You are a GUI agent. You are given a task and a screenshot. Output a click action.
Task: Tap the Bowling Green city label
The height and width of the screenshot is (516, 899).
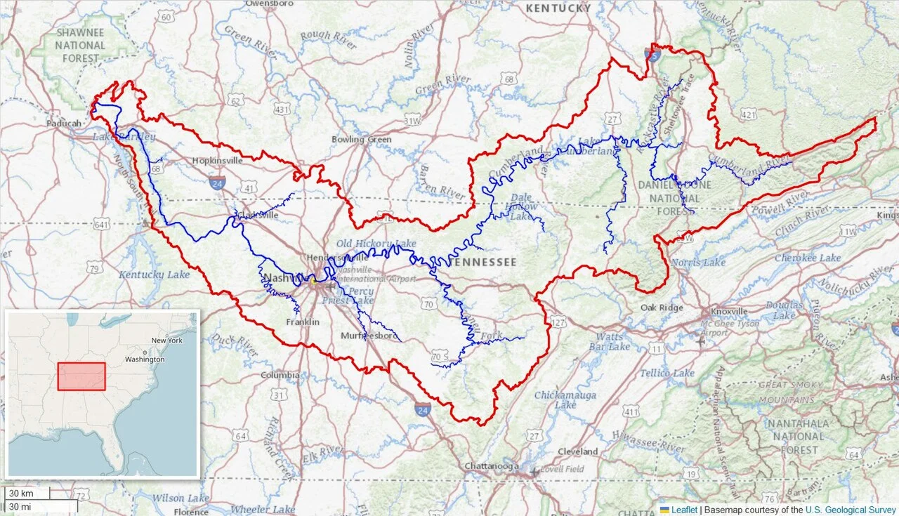pos(361,139)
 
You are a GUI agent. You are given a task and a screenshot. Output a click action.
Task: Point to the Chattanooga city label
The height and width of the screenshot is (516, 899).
pos(492,466)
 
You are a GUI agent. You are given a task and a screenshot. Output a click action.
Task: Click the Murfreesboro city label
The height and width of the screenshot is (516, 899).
pos(369,336)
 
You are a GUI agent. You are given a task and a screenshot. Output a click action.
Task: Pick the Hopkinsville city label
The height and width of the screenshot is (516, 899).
pos(217,160)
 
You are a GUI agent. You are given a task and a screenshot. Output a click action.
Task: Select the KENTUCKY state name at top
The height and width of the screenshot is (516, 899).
pos(558,8)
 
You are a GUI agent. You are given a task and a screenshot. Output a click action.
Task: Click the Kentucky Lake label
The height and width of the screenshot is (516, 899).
pos(154,274)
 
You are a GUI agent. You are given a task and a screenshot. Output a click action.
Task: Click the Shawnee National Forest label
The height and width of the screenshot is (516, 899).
pos(80,45)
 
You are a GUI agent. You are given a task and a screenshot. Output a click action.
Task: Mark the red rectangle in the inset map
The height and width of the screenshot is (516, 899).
pos(81,376)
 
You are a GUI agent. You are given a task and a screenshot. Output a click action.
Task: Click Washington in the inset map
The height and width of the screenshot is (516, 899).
pos(145,359)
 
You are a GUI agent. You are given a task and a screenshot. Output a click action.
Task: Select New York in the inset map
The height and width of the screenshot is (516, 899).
pos(166,340)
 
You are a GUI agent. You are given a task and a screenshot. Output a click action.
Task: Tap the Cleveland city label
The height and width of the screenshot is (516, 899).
pos(577,451)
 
